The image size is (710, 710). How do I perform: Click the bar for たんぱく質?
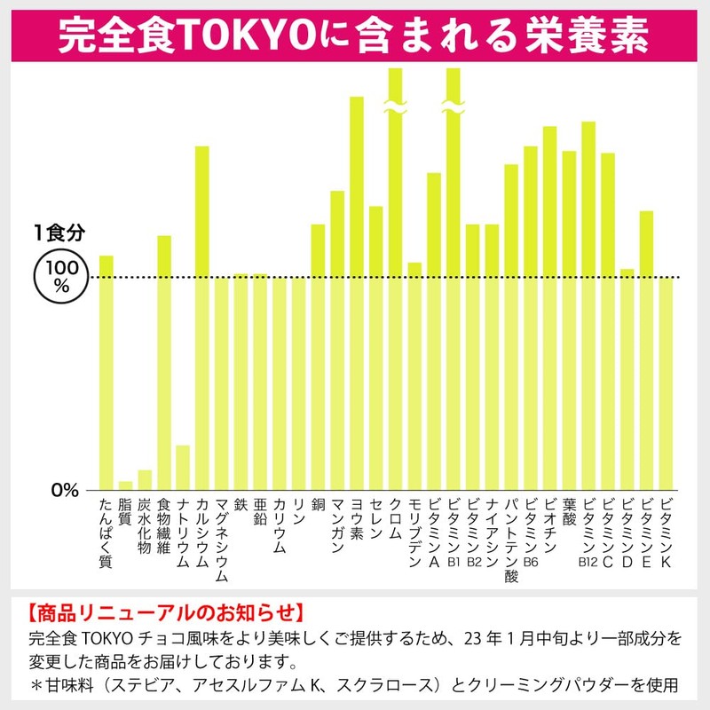(106, 373)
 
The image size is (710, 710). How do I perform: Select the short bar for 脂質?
(125, 485)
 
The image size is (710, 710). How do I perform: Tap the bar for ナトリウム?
(183, 467)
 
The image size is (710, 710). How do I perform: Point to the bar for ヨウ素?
(357, 293)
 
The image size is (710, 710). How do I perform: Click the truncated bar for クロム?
(396, 284)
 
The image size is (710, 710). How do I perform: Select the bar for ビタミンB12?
(588, 305)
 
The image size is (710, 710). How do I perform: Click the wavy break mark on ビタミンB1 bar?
(454, 106)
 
